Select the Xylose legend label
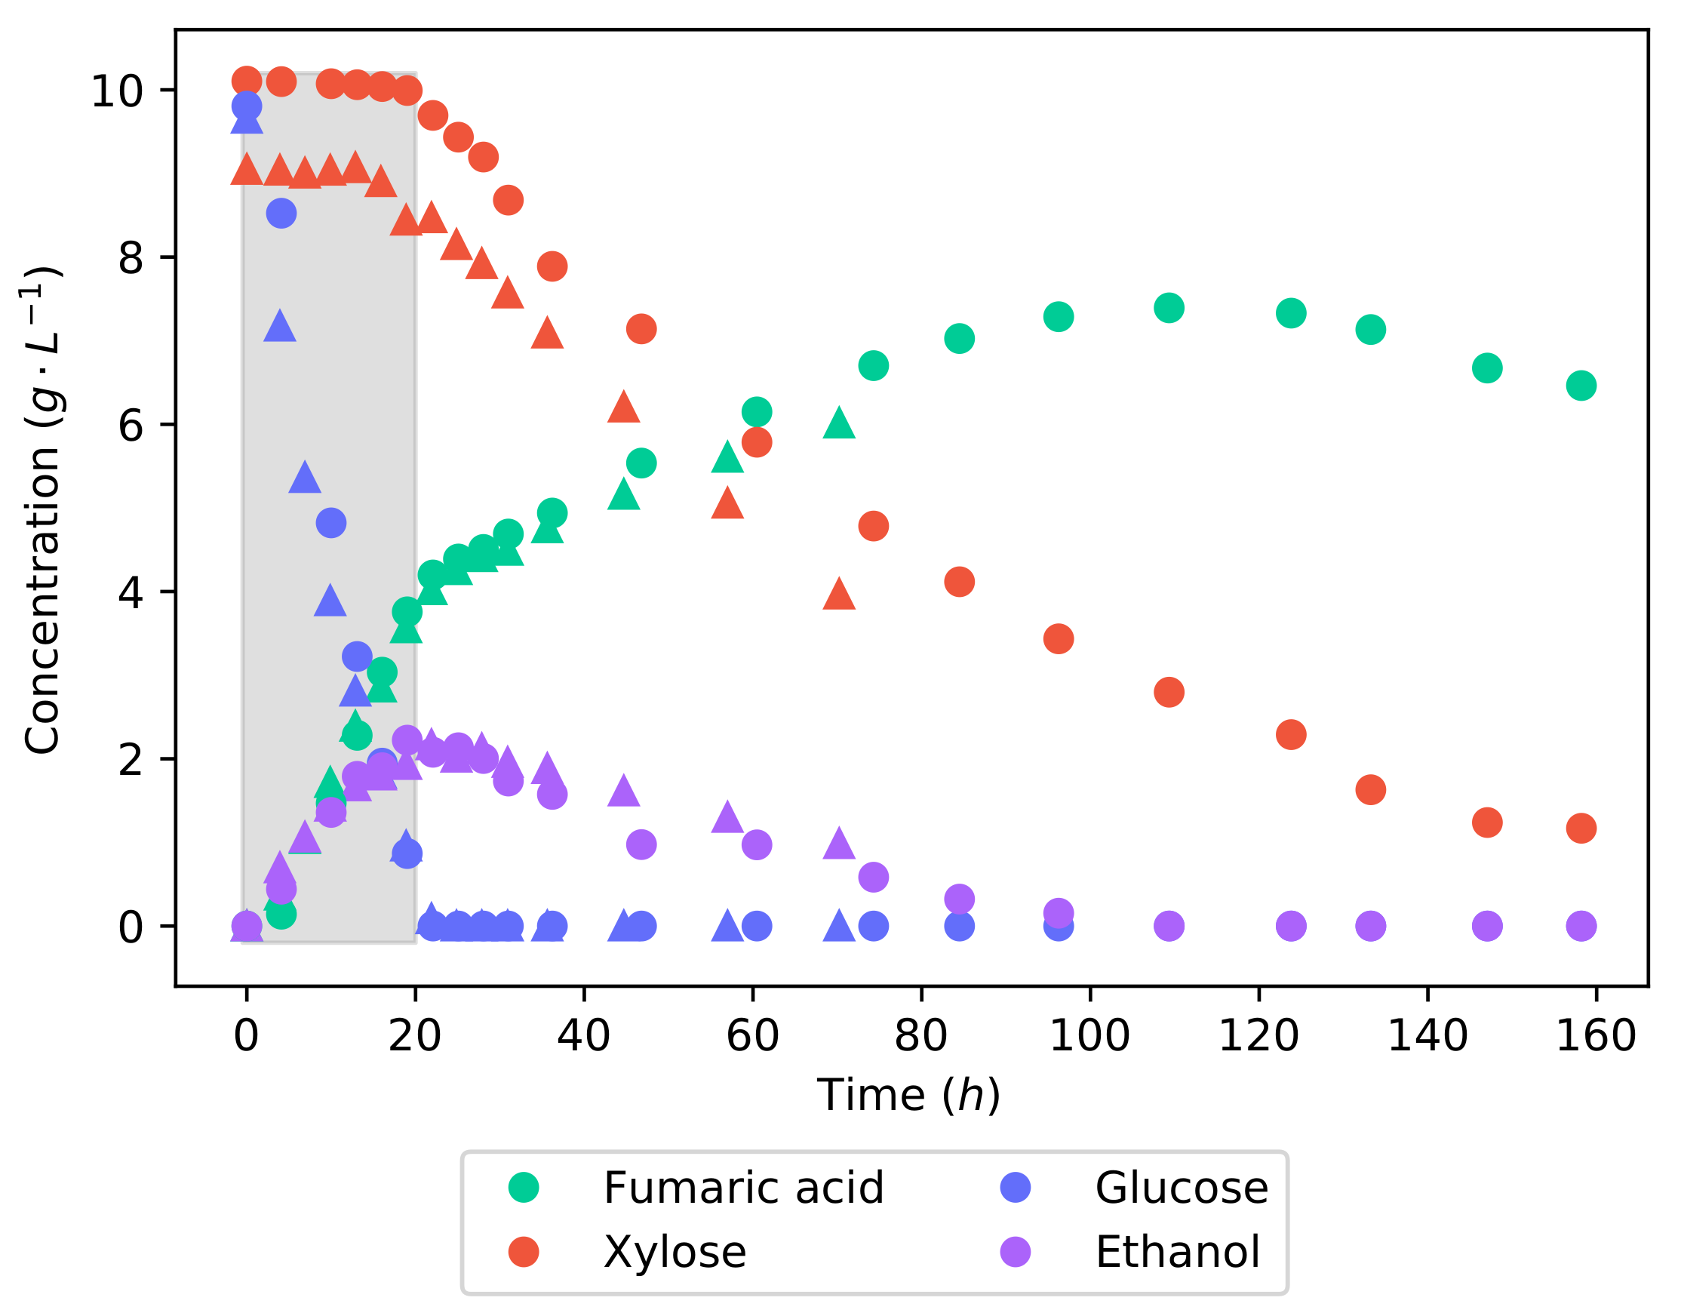[x=675, y=1251]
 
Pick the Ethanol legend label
[x=1178, y=1251]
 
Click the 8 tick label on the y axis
[x=131, y=258]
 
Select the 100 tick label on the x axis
[x=1090, y=1035]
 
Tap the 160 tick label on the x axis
[x=1596, y=1035]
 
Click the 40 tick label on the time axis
[x=584, y=1035]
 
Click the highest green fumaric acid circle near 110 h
[x=1169, y=308]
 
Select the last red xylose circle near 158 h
[x=1581, y=829]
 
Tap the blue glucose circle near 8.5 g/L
[x=281, y=214]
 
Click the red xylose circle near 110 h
[x=1169, y=692]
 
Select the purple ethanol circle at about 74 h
[x=873, y=877]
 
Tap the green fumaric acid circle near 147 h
[x=1487, y=368]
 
